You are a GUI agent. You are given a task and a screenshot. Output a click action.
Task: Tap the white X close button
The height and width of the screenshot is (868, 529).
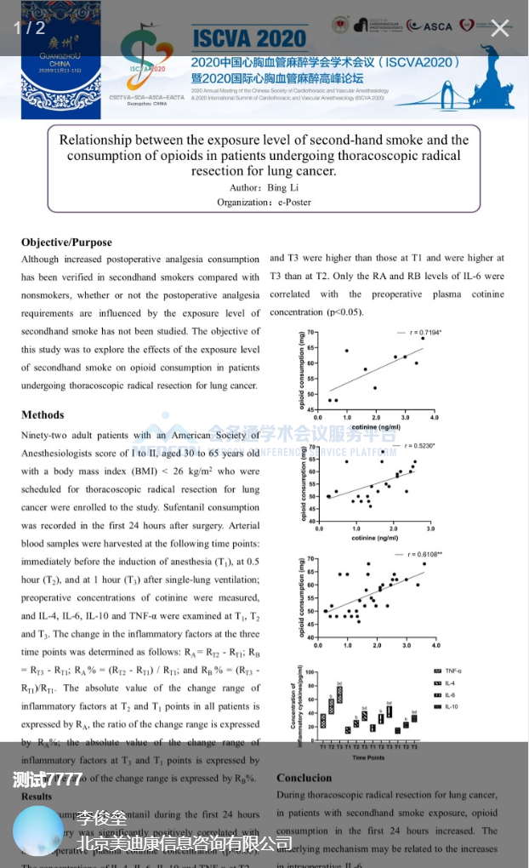point(500,28)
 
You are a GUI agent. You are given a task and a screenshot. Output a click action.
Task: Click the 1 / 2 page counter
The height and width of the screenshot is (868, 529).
point(29,28)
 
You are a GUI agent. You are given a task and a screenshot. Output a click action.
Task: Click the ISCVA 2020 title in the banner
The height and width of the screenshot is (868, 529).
point(248,37)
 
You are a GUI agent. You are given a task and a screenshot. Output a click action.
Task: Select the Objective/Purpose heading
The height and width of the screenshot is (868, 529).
point(66,242)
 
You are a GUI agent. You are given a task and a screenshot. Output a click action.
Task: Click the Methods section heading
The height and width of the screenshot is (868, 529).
point(43,414)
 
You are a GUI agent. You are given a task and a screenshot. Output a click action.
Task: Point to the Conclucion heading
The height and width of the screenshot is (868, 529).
point(304,777)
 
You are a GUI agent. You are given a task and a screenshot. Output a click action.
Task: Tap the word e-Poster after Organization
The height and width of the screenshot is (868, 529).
point(294,202)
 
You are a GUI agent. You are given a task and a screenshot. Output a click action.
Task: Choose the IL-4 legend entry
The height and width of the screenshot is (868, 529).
point(447,683)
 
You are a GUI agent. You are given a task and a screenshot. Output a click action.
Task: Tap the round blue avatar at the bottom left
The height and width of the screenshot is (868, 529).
point(38,830)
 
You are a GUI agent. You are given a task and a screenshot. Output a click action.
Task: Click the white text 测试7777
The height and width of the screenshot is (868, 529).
point(48,779)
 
